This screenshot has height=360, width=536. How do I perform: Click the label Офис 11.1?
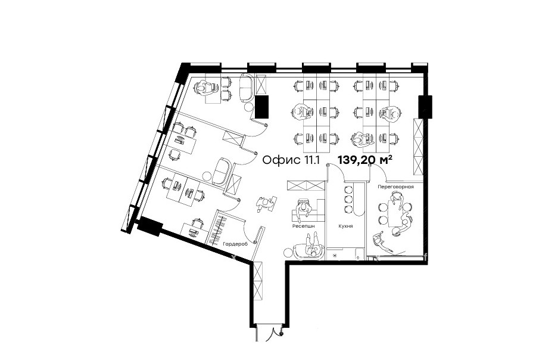coord(291,160)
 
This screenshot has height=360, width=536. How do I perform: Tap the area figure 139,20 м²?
coord(364,160)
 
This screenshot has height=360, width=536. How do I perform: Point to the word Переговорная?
coord(395,187)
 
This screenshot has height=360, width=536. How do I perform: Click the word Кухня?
coord(345,226)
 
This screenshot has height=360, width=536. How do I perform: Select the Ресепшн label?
coord(303,226)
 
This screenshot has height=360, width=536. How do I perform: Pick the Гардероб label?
coord(235,244)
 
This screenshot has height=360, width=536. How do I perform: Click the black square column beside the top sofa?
coord(262,107)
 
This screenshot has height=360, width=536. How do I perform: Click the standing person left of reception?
coord(265,204)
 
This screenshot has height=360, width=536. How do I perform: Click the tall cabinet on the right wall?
coord(419,147)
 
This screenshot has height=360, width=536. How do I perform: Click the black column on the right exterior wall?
coord(425,107)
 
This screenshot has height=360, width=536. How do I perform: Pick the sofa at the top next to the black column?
coord(247,88)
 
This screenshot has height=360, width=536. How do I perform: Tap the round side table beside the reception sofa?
coord(288,253)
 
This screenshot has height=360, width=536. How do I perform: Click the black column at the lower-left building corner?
coord(149,226)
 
